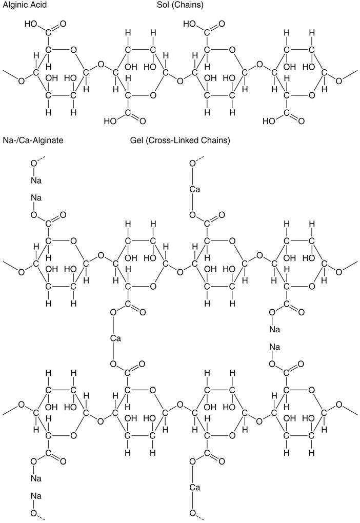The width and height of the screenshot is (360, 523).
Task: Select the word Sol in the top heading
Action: (x=164, y=5)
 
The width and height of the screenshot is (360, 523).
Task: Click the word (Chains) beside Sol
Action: (x=188, y=5)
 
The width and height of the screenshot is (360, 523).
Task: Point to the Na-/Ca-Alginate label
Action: (x=33, y=140)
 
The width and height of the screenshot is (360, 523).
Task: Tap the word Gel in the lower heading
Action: (x=137, y=140)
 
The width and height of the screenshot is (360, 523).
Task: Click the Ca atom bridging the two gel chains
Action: (x=115, y=338)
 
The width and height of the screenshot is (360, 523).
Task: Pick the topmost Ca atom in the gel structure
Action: (x=194, y=190)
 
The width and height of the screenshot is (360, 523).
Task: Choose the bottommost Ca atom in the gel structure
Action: (x=194, y=487)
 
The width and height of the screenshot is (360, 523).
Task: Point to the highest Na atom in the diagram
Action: (x=36, y=180)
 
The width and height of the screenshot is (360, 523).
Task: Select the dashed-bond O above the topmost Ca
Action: (x=193, y=164)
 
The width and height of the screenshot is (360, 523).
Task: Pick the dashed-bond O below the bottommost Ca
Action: (x=193, y=513)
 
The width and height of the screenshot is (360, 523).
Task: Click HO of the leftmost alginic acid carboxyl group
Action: (x=30, y=24)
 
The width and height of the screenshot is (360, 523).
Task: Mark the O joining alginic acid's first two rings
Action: (x=101, y=65)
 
